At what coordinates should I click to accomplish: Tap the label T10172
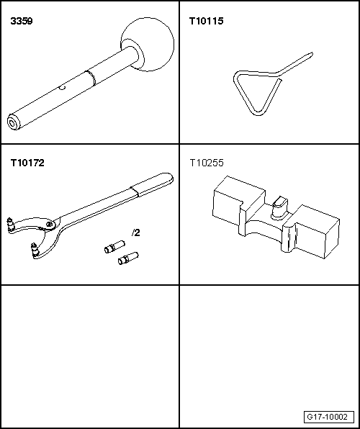click(27, 163)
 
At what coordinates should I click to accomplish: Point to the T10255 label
click(206, 163)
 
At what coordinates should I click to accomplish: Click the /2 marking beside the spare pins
click(135, 233)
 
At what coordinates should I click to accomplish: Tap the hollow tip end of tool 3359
click(12, 122)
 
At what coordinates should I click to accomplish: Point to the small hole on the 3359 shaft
click(63, 89)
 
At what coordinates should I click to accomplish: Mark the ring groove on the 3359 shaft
click(87, 75)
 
